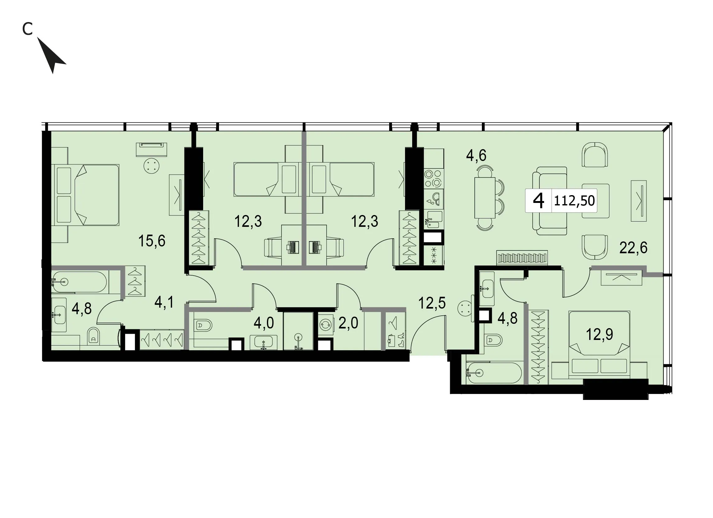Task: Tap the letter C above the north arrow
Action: tap(27, 29)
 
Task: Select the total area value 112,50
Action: tap(574, 201)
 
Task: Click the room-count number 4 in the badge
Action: tap(538, 201)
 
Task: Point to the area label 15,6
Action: tap(151, 241)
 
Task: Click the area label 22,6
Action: tap(633, 248)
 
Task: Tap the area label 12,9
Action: tap(599, 334)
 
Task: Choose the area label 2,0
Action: tap(348, 323)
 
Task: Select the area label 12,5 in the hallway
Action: tap(432, 303)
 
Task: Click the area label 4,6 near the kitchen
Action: tap(476, 155)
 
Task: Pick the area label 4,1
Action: tap(164, 302)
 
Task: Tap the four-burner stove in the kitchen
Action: tap(434, 178)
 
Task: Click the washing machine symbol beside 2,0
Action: tap(325, 325)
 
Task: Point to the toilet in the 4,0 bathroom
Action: tap(204, 325)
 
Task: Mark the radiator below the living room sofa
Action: tap(522, 258)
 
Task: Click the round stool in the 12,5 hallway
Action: tap(465, 308)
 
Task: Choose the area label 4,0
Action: tap(263, 323)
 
